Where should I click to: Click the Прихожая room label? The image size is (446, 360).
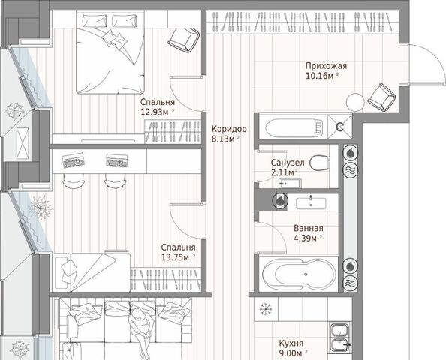(x=327, y=66)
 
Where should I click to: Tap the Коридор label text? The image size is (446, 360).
(x=229, y=129)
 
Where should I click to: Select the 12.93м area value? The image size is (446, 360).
(x=155, y=112)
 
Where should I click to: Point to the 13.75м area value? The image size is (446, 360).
(x=175, y=257)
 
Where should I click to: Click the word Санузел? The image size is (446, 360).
(x=288, y=163)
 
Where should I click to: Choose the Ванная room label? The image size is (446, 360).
(x=309, y=228)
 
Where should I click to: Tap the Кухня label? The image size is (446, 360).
(x=291, y=343)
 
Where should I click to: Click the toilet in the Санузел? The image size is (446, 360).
(x=319, y=163)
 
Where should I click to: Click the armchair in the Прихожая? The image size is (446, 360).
(x=381, y=97)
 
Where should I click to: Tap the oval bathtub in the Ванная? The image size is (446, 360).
(x=299, y=274)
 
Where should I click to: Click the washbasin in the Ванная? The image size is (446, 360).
(x=311, y=202)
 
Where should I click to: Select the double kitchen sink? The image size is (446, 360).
(x=340, y=337)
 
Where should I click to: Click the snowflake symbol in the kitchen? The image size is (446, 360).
(x=266, y=310)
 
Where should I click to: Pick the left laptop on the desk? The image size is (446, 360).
(x=73, y=160)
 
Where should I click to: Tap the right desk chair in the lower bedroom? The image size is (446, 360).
(x=115, y=181)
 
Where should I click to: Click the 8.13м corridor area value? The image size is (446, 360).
(x=223, y=139)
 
